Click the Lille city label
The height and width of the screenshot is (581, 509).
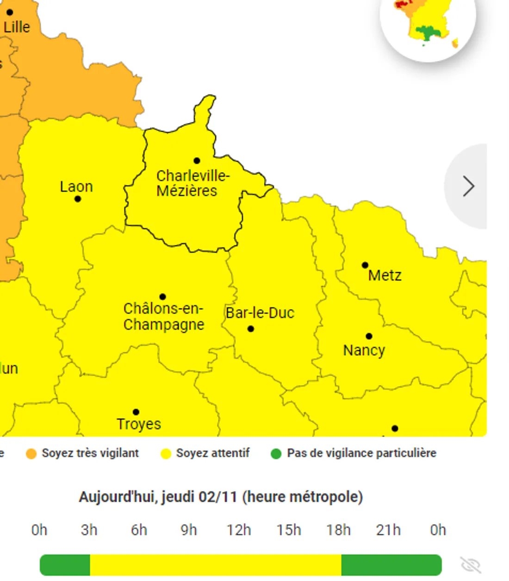pyautogui.click(x=17, y=27)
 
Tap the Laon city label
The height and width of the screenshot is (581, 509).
pyautogui.click(x=76, y=187)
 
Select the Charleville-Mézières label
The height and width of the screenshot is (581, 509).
pyautogui.click(x=192, y=183)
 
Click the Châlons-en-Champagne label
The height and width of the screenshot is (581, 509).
pyautogui.click(x=163, y=317)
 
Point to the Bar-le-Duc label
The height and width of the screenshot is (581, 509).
pyautogui.click(x=260, y=313)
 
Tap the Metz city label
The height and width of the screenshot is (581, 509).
pyautogui.click(x=385, y=275)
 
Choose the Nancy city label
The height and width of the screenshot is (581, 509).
pyautogui.click(x=364, y=350)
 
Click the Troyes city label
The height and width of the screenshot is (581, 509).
pyautogui.click(x=139, y=424)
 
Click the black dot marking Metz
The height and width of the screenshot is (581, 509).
pyautogui.click(x=365, y=265)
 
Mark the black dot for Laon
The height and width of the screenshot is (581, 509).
pyautogui.click(x=78, y=199)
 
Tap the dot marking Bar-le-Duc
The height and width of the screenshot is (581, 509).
pyautogui.click(x=251, y=329)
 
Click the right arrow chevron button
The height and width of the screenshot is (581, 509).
pyautogui.click(x=468, y=186)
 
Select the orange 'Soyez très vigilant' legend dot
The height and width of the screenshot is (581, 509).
pyautogui.click(x=31, y=454)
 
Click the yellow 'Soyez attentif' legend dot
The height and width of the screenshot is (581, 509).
pyautogui.click(x=166, y=454)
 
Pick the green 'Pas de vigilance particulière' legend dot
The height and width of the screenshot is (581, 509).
pyautogui.click(x=276, y=454)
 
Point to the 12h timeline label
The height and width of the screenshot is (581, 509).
pyautogui.click(x=239, y=530)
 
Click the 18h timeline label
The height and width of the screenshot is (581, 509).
pyautogui.click(x=338, y=530)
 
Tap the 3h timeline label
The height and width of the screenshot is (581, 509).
pyautogui.click(x=89, y=530)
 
